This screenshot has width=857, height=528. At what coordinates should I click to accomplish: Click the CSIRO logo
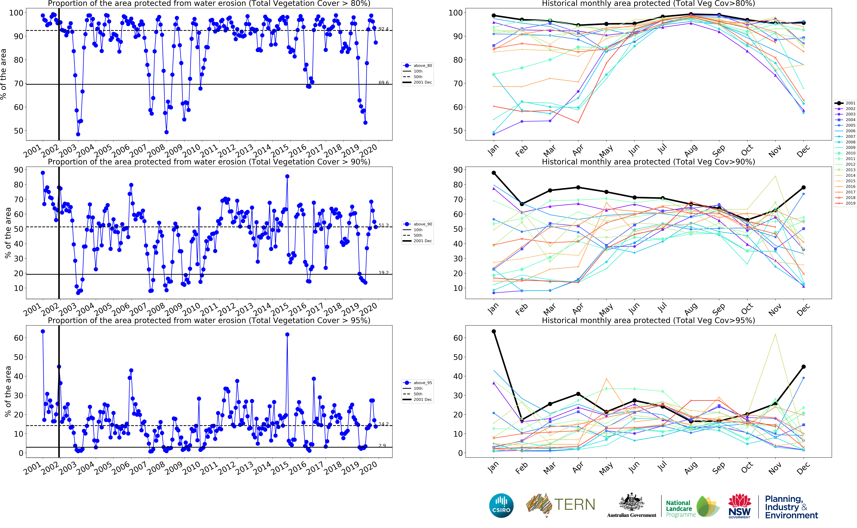501,505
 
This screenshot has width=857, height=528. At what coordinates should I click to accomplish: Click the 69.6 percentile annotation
383,83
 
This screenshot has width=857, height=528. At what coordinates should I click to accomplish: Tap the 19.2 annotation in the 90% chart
383,273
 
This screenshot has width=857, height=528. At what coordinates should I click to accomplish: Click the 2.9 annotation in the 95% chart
382,446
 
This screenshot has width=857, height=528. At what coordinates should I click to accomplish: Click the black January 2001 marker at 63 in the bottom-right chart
494,331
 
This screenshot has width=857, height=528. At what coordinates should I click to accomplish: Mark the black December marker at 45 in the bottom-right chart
804,367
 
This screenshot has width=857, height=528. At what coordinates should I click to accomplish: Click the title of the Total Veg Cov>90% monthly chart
648,162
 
